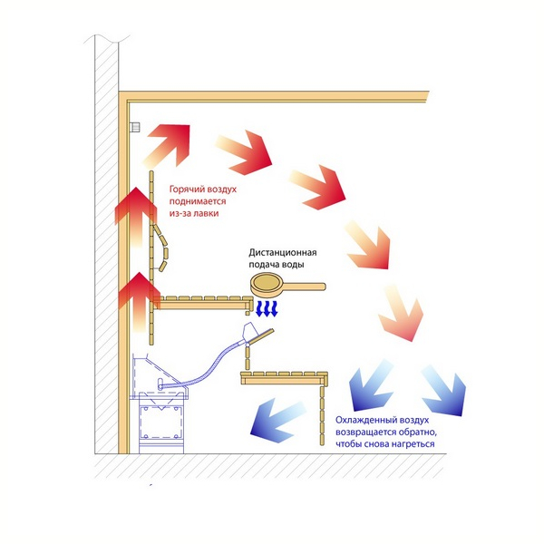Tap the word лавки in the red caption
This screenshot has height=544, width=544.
tap(206, 213)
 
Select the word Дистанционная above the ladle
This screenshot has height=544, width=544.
tap(282, 253)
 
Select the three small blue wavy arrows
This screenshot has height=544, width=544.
tap(267, 309)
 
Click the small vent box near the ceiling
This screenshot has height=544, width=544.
tap(134, 127)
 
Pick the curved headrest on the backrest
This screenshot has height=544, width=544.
tap(161, 248)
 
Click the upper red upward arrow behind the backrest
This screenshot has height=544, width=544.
tap(135, 217)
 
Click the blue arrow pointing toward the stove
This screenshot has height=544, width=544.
tap(277, 421)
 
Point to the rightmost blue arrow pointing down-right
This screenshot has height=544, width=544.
tap(445, 390)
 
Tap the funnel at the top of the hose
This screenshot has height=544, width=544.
tap(257, 333)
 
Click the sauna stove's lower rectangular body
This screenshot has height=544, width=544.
tap(160, 423)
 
